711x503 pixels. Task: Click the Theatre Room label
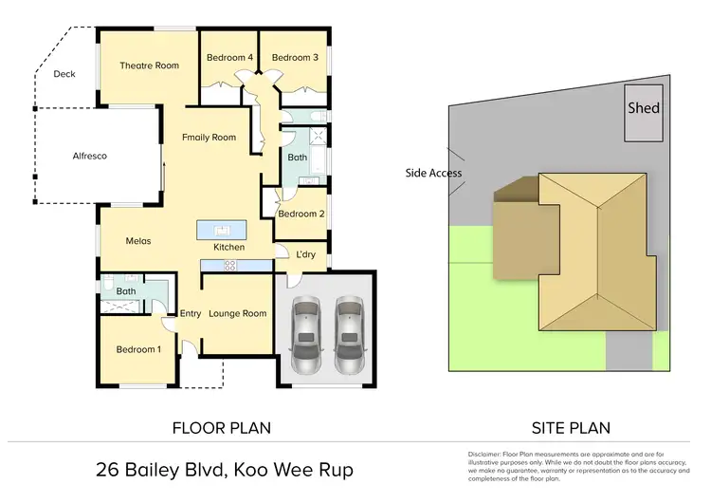click(149, 65)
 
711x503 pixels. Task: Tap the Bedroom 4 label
click(229, 58)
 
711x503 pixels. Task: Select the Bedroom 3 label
click(294, 58)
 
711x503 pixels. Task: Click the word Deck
click(64, 74)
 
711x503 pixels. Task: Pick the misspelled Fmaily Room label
click(209, 138)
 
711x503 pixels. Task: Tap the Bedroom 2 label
click(301, 214)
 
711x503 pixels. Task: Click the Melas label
click(138, 241)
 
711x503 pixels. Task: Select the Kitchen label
click(228, 247)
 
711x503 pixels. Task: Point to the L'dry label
click(305, 254)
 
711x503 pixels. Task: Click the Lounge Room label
click(238, 313)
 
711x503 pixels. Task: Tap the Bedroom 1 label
click(138, 349)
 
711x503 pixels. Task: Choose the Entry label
click(191, 313)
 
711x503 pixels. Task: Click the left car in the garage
click(307, 334)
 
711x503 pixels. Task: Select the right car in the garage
click(349, 334)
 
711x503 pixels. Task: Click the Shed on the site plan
click(644, 108)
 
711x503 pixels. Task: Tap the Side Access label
click(433, 173)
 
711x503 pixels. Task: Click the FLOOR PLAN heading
click(222, 428)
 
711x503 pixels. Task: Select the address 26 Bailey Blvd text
click(157, 469)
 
